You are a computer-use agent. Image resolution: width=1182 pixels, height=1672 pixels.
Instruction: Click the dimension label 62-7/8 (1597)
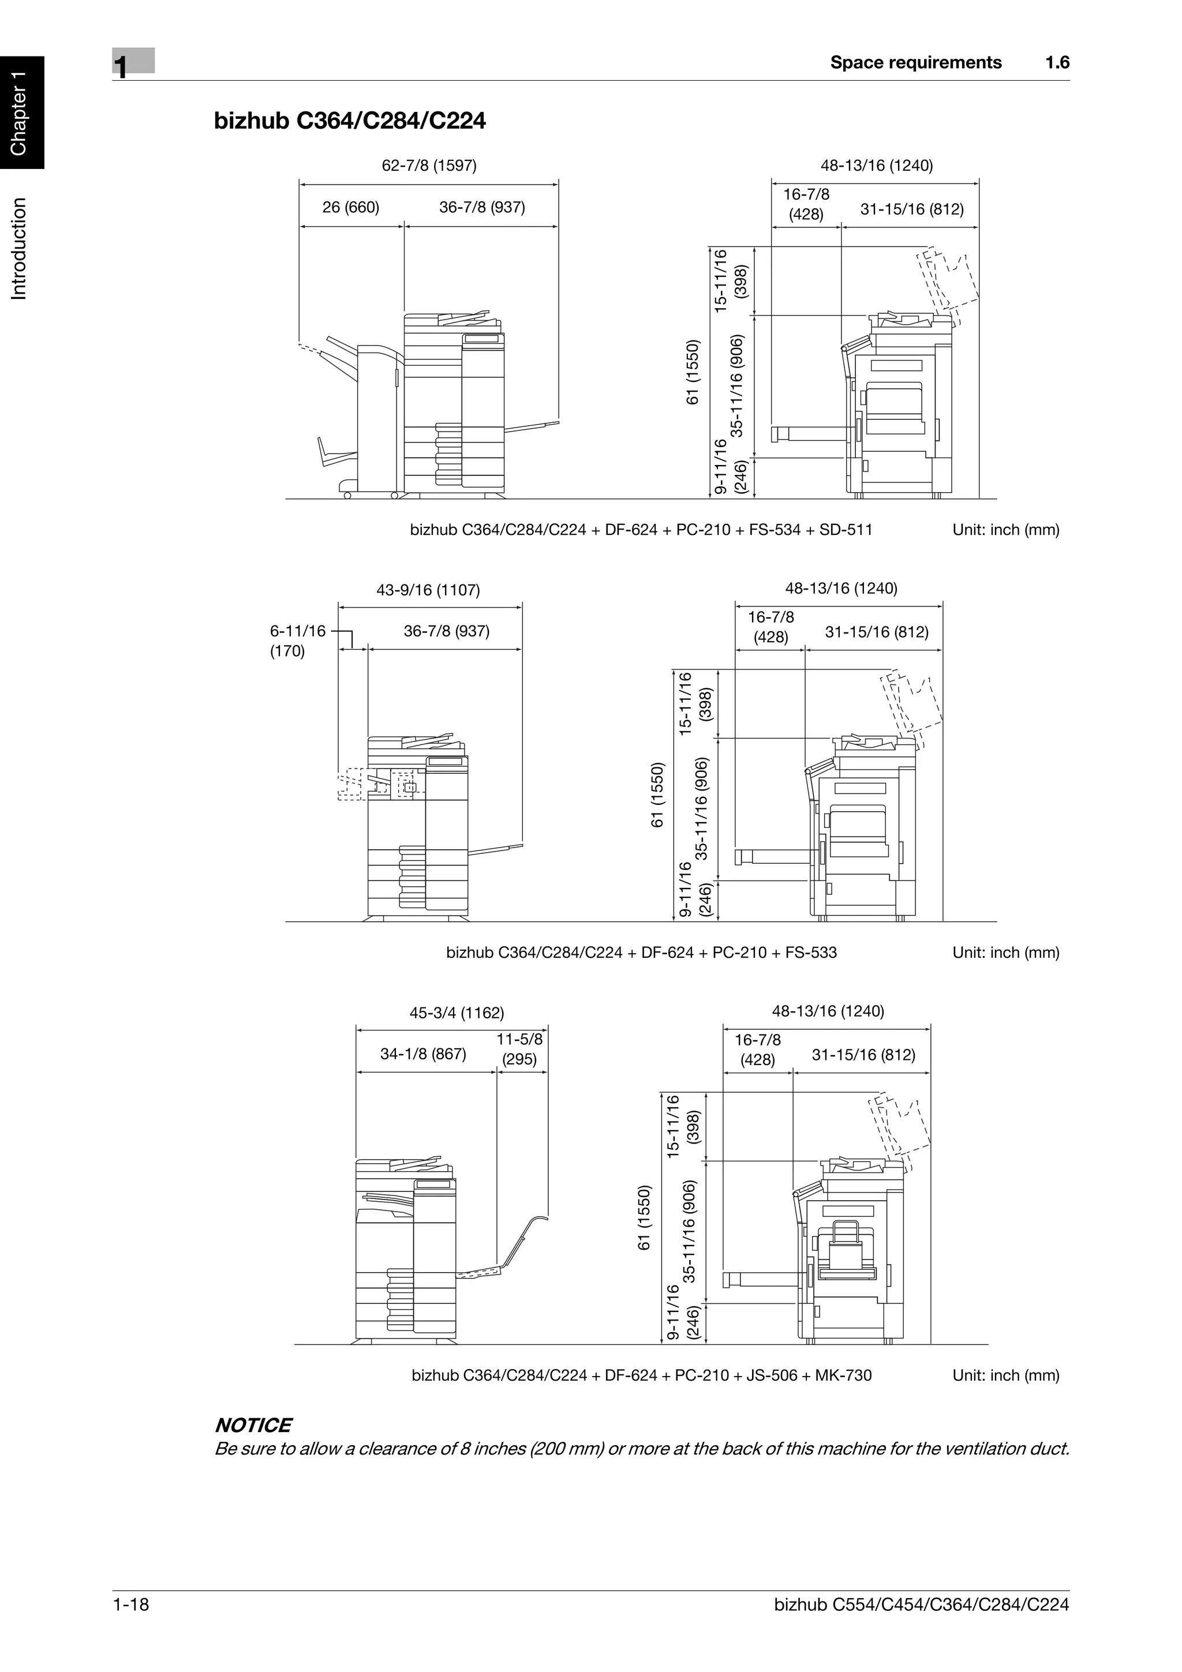coord(429,166)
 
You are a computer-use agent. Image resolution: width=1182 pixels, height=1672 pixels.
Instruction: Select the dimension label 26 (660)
coord(350,208)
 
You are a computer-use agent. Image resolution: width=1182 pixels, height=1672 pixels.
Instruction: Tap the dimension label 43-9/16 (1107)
coord(428,590)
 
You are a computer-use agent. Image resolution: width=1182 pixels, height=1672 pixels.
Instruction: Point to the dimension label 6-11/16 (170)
coord(297,641)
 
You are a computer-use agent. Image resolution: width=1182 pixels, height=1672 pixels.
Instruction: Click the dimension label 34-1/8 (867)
coord(423,1054)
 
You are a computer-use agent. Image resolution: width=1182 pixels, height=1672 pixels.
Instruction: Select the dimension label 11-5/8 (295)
coord(519,1049)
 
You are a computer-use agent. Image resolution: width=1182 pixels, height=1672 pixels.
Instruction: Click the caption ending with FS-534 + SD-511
coord(641,530)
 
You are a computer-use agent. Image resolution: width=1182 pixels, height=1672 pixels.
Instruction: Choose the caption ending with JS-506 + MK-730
coord(641,1375)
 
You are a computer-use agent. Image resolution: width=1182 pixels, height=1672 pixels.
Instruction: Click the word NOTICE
coord(253,1425)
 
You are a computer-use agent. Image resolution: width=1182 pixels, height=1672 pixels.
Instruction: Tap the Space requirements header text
coord(915,63)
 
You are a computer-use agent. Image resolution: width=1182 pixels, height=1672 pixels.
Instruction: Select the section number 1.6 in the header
coord(1057,63)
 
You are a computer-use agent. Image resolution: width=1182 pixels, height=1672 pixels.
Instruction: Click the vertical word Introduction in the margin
coord(20,248)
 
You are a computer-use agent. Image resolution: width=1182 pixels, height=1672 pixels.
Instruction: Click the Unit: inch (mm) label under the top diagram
coord(1005,530)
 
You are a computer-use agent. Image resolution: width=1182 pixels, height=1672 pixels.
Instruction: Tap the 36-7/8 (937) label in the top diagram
coord(481,208)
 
